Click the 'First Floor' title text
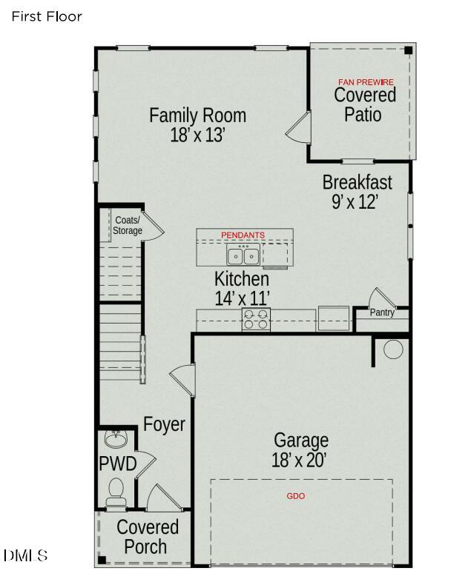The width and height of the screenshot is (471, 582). [x=47, y=16]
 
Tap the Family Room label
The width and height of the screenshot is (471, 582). [x=197, y=116]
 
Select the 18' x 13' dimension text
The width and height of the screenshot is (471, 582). [x=197, y=135]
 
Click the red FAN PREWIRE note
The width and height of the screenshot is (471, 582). [x=366, y=81]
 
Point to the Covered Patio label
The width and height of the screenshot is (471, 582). [x=364, y=104]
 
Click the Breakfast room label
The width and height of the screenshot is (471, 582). [x=357, y=182]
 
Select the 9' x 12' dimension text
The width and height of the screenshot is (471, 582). [x=355, y=201]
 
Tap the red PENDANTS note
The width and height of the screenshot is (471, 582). [x=243, y=235]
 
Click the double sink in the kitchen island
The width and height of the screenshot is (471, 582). [x=243, y=256]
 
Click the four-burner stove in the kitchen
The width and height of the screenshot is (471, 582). [x=256, y=319]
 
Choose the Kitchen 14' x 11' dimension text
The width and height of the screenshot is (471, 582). [x=242, y=298]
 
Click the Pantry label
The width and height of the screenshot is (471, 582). [x=382, y=313]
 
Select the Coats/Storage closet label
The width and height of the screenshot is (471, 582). [x=128, y=226]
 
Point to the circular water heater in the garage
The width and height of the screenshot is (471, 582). [x=392, y=349]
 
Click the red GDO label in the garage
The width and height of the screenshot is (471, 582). [x=295, y=496]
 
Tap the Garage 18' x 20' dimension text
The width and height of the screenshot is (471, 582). [x=300, y=460]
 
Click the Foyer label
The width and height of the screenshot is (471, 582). [x=164, y=425]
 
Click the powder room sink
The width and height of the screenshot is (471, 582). [x=116, y=441]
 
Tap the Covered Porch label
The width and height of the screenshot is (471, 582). [x=147, y=538]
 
